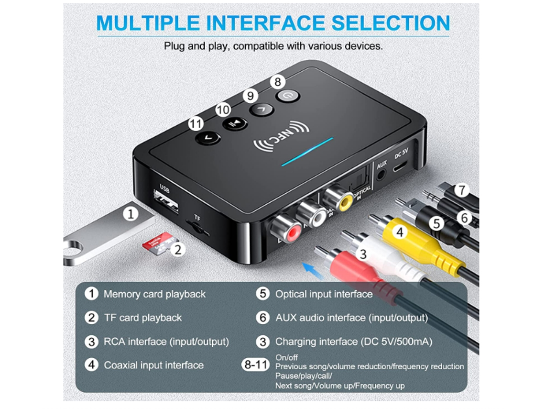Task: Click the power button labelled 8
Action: (287, 96)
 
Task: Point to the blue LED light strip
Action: (307, 152)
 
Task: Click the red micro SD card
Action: (158, 241)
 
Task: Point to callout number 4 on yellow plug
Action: (401, 233)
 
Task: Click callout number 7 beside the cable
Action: (461, 190)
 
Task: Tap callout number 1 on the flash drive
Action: (131, 214)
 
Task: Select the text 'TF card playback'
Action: (143, 318)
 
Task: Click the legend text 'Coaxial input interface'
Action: (153, 365)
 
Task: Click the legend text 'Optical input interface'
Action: (324, 294)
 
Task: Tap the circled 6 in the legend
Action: (263, 318)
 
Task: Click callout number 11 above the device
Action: (196, 124)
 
